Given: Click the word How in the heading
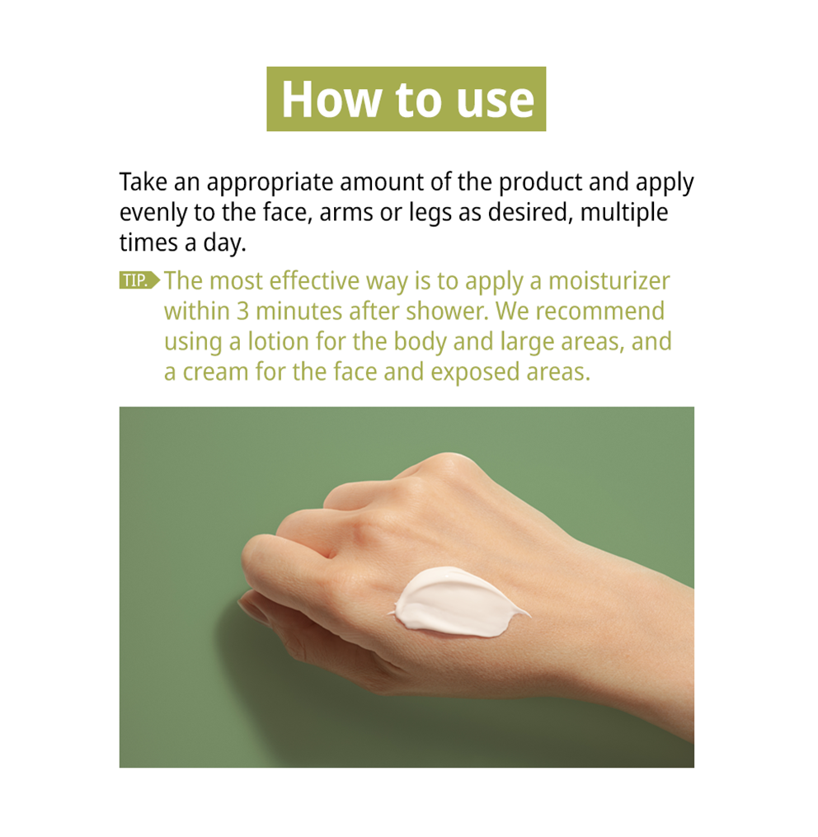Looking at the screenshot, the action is [x=331, y=99].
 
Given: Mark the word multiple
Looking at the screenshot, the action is [x=623, y=214].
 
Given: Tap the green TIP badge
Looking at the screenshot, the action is [x=139, y=280].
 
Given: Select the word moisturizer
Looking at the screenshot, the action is [x=609, y=282].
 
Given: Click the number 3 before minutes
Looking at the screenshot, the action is [x=243, y=312].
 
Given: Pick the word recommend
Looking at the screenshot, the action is [x=600, y=311].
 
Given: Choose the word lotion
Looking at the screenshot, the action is [x=278, y=341].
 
